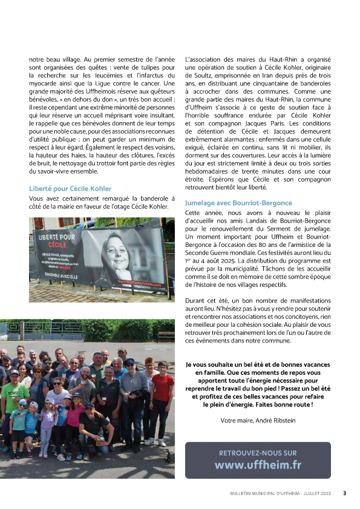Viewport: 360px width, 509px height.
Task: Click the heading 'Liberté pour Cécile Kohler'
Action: (x=70, y=189)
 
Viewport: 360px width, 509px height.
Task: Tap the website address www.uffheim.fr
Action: (x=258, y=465)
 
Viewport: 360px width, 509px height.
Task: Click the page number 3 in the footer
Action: (x=344, y=493)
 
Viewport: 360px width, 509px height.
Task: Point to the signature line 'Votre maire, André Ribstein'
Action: (x=258, y=419)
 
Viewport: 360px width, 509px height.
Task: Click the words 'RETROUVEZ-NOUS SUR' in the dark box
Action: (x=258, y=453)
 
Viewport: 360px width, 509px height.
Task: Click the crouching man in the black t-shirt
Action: (x=94, y=427)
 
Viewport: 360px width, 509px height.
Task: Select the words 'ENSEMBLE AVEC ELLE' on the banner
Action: (x=57, y=280)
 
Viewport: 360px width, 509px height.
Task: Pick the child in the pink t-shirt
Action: (x=75, y=418)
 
